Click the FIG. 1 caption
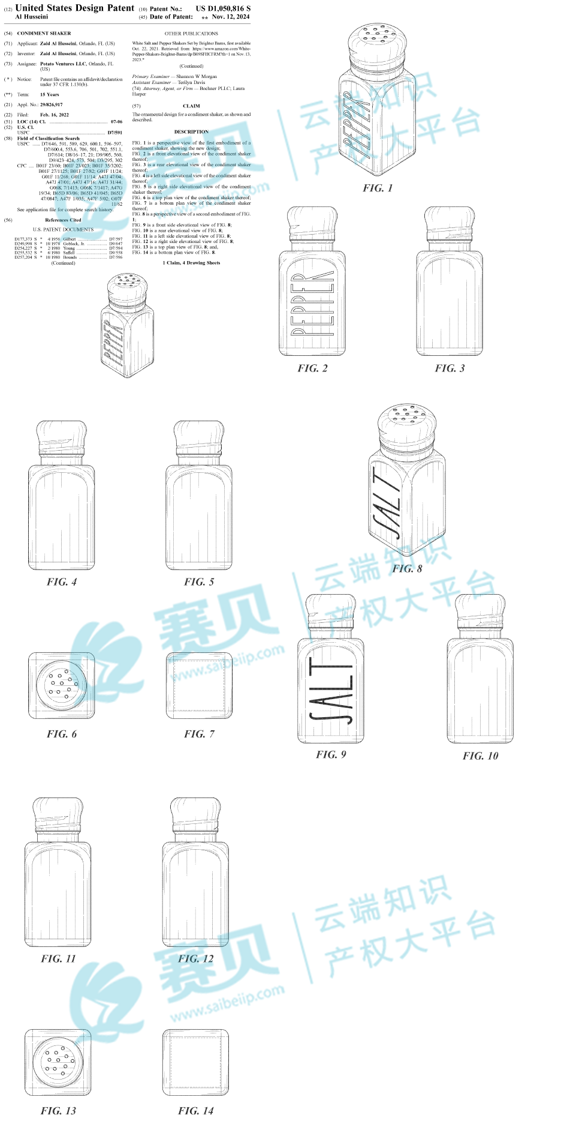coord(378,188)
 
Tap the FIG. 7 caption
coord(199,734)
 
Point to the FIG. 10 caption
coord(480,756)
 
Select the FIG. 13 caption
coord(58,1111)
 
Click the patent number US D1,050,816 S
coord(223,8)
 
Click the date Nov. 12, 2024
coord(231,17)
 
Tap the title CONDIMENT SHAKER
coord(44,34)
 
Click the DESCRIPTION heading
coord(191,132)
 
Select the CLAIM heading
coord(191,106)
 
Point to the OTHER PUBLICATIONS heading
coord(191,34)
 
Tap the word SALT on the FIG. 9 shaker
coord(331,691)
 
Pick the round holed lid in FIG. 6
coord(61,685)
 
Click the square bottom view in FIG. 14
coord(195,1062)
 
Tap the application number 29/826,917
coord(51,104)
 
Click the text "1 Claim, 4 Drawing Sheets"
coord(191,263)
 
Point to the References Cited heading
coord(63,220)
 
